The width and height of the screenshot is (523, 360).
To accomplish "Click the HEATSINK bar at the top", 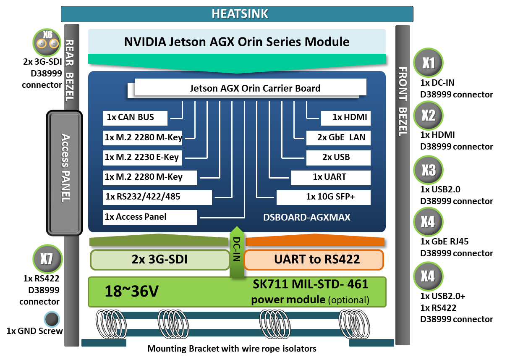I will [237, 14].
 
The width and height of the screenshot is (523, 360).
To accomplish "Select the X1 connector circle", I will [428, 63].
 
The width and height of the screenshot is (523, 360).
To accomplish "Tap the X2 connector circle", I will [428, 116].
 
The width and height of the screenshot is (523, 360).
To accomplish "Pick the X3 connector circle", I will [428, 170].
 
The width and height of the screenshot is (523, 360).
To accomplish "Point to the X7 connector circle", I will [47, 259].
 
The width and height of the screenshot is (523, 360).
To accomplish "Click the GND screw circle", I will [52, 319].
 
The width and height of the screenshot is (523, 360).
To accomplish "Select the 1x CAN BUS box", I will [135, 118].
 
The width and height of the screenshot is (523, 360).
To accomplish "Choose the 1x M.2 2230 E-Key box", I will [143, 158].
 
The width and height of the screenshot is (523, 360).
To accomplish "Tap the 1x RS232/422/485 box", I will [157, 197].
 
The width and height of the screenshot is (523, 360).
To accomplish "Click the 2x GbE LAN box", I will [338, 137].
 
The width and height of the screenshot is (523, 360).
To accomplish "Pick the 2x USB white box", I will [338, 158].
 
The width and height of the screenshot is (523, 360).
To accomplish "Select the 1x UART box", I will [331, 177].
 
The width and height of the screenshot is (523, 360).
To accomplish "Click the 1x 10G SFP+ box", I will [323, 197].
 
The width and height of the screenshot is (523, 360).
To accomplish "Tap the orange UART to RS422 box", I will [314, 259].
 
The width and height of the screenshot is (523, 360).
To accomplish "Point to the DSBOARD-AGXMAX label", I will [306, 218].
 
